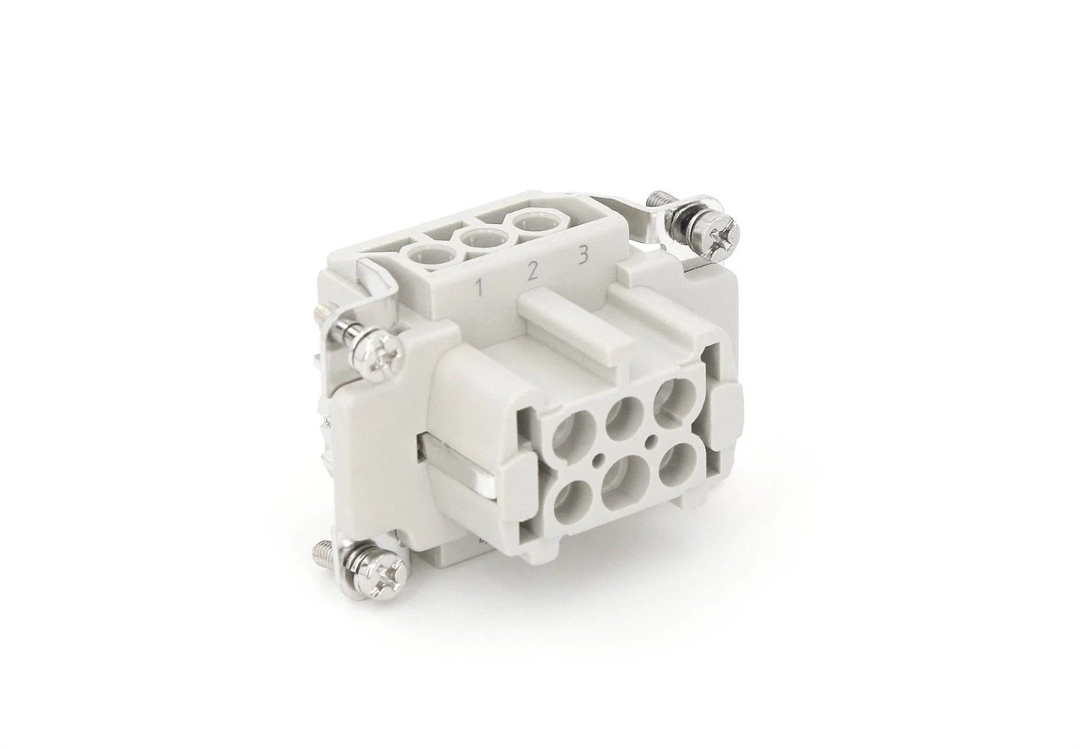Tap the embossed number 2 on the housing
click(531, 271)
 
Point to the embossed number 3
click(581, 256)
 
